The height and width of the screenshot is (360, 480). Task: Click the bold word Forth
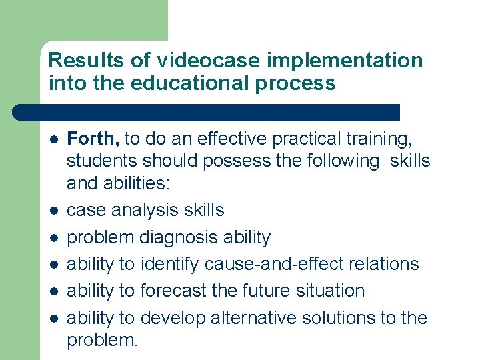tap(93, 139)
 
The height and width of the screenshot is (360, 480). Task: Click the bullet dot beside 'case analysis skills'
tap(53, 211)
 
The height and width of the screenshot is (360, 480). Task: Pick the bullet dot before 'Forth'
tap(53, 139)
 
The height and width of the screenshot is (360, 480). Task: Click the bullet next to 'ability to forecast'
tap(53, 291)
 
